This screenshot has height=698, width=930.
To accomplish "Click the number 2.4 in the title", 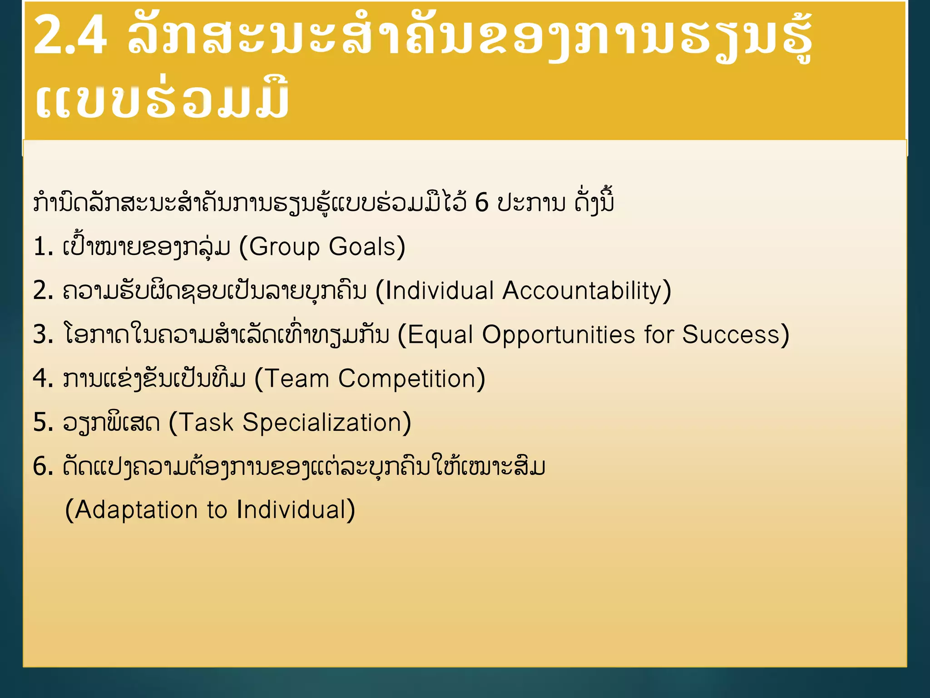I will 70,35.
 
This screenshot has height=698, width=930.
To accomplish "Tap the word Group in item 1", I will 284,248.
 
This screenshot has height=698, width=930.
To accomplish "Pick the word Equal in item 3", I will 440,335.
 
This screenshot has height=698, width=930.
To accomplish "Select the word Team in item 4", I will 296,379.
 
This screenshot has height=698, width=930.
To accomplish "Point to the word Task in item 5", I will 207,423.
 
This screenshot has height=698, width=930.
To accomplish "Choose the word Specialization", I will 322,423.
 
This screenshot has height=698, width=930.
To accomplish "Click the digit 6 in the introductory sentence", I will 481,203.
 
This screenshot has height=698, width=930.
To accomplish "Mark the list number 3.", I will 41,335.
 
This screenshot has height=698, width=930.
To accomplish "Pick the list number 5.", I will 41,423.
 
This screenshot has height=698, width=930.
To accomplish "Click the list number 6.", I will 41,467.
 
